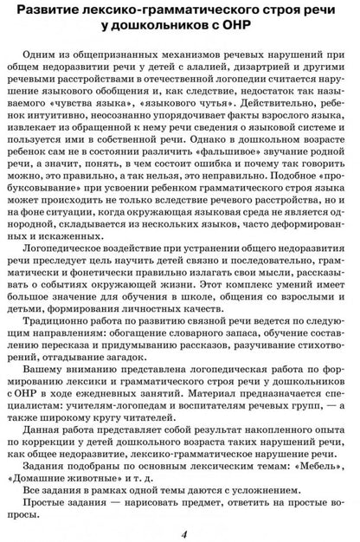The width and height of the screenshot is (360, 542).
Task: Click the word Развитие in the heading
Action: point(51,13)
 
